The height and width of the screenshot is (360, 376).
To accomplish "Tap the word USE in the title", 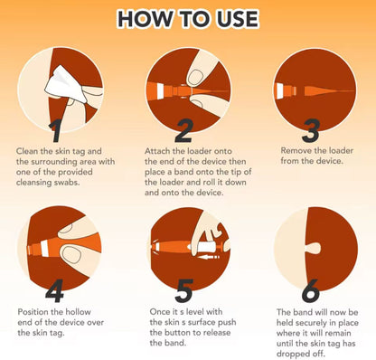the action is [234, 19].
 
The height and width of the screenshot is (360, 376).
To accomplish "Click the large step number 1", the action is [56, 132].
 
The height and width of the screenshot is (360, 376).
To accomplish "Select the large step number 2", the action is [183, 130].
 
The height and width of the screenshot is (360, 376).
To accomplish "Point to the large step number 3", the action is [311, 131].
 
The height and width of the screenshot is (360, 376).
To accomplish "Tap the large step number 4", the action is [54, 290].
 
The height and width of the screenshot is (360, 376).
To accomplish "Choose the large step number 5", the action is [183, 290].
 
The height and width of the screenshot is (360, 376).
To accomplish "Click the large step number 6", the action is [311, 290].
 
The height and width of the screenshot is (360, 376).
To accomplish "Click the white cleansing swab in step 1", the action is [66, 85].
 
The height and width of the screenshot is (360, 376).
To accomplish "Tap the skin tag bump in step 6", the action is [314, 249].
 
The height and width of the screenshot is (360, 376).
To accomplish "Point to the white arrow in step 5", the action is [209, 257].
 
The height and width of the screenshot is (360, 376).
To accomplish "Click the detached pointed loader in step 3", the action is [329, 90].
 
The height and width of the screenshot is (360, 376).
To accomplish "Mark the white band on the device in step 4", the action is [44, 248].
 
